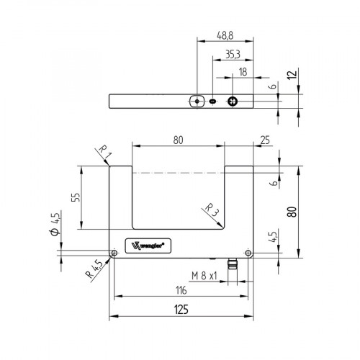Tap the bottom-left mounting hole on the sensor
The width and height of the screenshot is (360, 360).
pyautogui.click(x=114, y=253)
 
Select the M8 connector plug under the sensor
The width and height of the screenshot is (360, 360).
pyautogui.click(x=233, y=264)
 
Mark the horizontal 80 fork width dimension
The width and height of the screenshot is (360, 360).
pyautogui.click(x=177, y=140)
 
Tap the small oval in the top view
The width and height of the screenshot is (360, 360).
pyautogui.click(x=213, y=102)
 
